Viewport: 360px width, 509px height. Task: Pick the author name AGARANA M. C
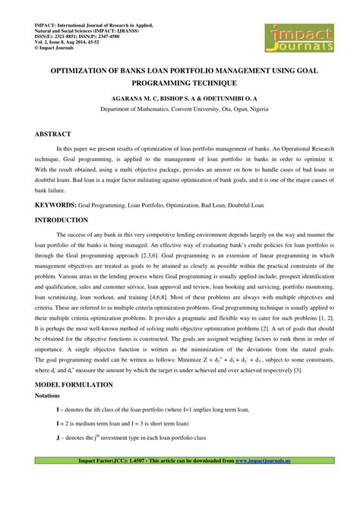pyautogui.click(x=136, y=99)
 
